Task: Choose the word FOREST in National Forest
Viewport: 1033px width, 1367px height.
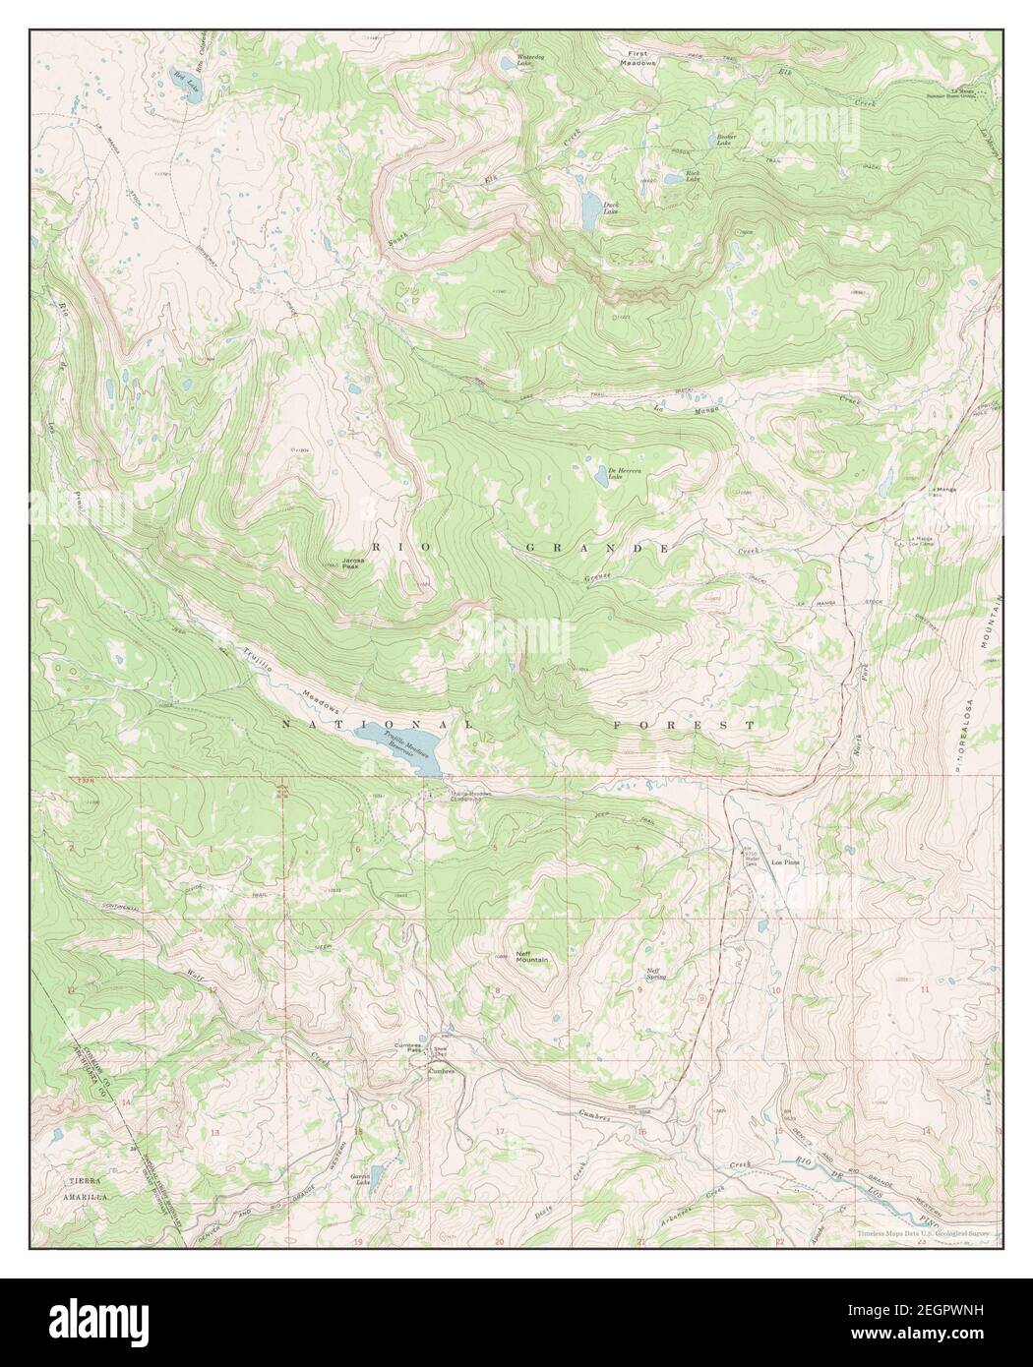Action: click(x=683, y=725)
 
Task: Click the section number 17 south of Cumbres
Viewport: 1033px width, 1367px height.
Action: click(x=500, y=1132)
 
